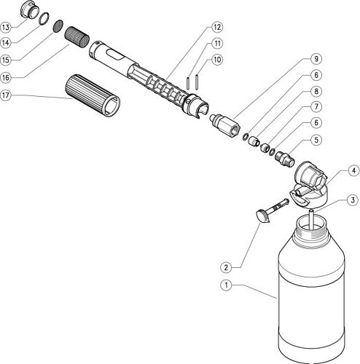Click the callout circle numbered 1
[x=227, y=285]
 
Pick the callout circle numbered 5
[x=316, y=140]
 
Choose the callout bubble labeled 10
[x=217, y=59]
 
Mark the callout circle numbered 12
[x=217, y=26]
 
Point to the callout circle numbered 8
[x=316, y=92]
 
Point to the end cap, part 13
[x=31, y=11]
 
